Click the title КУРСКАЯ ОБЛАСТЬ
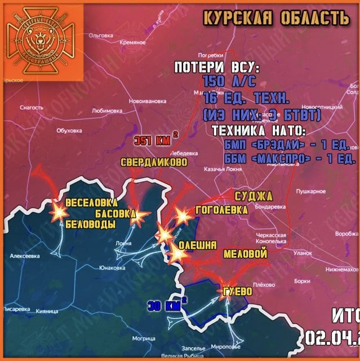point(276,17)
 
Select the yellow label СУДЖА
point(254,196)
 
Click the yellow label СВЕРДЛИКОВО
point(154,162)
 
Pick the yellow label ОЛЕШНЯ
point(197,245)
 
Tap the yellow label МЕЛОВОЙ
point(245,254)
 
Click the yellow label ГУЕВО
point(237,292)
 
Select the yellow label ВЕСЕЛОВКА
point(92,202)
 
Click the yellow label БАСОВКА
point(115,214)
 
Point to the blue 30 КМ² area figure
point(167,306)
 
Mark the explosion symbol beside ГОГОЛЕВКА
point(182,215)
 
